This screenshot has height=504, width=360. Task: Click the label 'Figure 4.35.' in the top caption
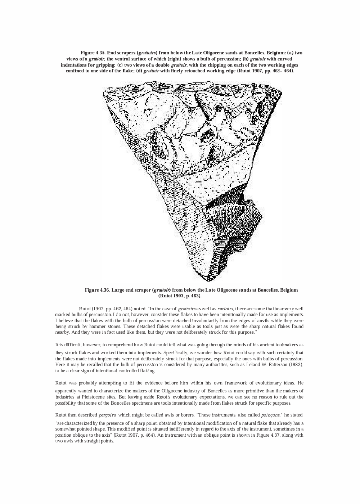(93, 53)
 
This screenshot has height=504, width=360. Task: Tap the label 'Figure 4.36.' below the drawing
(97, 290)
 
